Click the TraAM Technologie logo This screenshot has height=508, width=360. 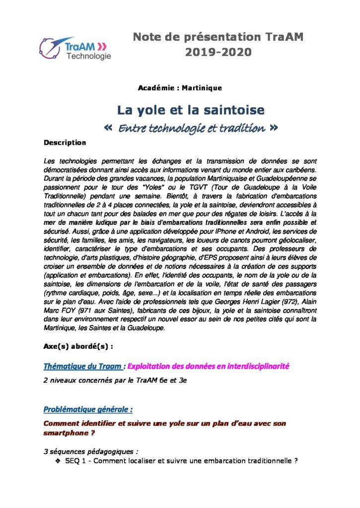75,49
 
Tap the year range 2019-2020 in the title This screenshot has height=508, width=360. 218,52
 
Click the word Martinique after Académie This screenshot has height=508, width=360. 202,88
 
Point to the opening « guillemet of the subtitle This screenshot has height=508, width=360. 110,128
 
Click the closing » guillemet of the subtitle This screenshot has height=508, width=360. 273,128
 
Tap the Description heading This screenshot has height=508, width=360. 65,143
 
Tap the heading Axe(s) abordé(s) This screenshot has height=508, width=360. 78,347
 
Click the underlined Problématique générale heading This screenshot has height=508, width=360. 88,410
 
